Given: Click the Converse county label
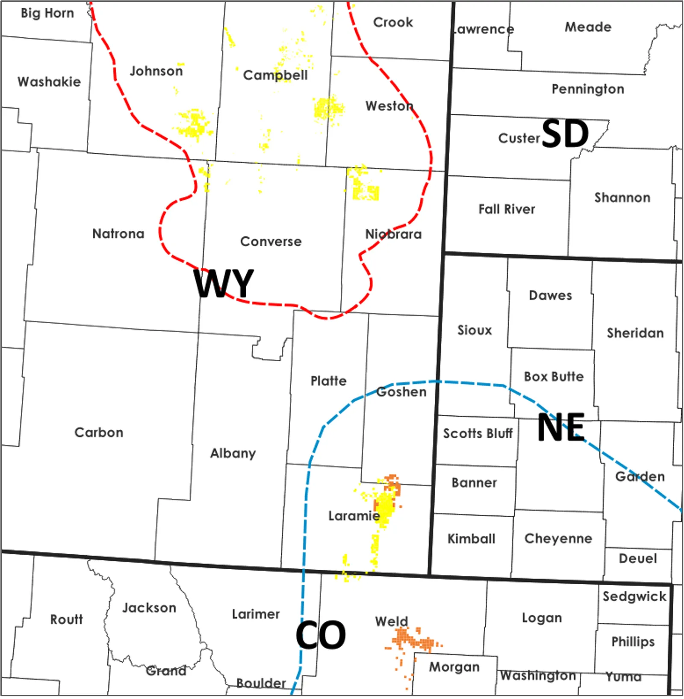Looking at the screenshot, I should (271, 241).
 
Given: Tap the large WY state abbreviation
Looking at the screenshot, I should (224, 283).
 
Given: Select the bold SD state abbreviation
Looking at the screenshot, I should (565, 134).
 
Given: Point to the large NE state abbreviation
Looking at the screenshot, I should (561, 427).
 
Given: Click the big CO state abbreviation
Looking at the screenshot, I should (321, 635).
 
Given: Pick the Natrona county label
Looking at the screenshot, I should (118, 234).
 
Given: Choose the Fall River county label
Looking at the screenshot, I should (507, 209).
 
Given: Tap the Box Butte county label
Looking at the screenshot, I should (554, 377).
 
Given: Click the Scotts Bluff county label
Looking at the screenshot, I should (478, 434).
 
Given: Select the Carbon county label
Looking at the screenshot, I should (99, 432).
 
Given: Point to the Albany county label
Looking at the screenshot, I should (233, 453).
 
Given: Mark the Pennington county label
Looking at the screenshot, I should (588, 89).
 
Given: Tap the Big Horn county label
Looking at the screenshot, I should (47, 13).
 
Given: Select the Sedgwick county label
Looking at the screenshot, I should (634, 596).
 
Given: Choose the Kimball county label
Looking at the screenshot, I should (471, 538).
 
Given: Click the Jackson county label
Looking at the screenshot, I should (149, 608).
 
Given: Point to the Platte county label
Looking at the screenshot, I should (328, 381).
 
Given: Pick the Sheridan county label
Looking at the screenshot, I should (635, 333).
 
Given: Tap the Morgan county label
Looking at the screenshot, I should (454, 667).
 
